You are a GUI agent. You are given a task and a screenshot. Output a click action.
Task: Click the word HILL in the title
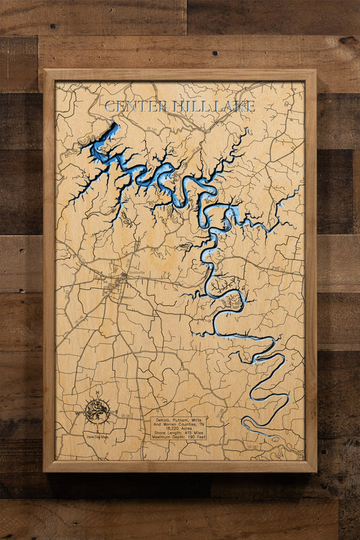(x=187, y=107)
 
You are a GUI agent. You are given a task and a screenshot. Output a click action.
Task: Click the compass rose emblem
(x=98, y=410)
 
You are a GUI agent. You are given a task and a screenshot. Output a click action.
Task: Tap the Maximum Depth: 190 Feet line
(x=178, y=438)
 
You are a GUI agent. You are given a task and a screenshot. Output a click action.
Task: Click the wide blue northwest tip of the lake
(x=108, y=133)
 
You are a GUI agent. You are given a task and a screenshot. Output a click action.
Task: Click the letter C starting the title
(x=110, y=107)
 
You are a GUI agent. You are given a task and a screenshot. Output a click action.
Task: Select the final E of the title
(x=251, y=107)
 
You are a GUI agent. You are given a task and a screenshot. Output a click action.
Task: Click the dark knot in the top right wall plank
(x=346, y=40)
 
